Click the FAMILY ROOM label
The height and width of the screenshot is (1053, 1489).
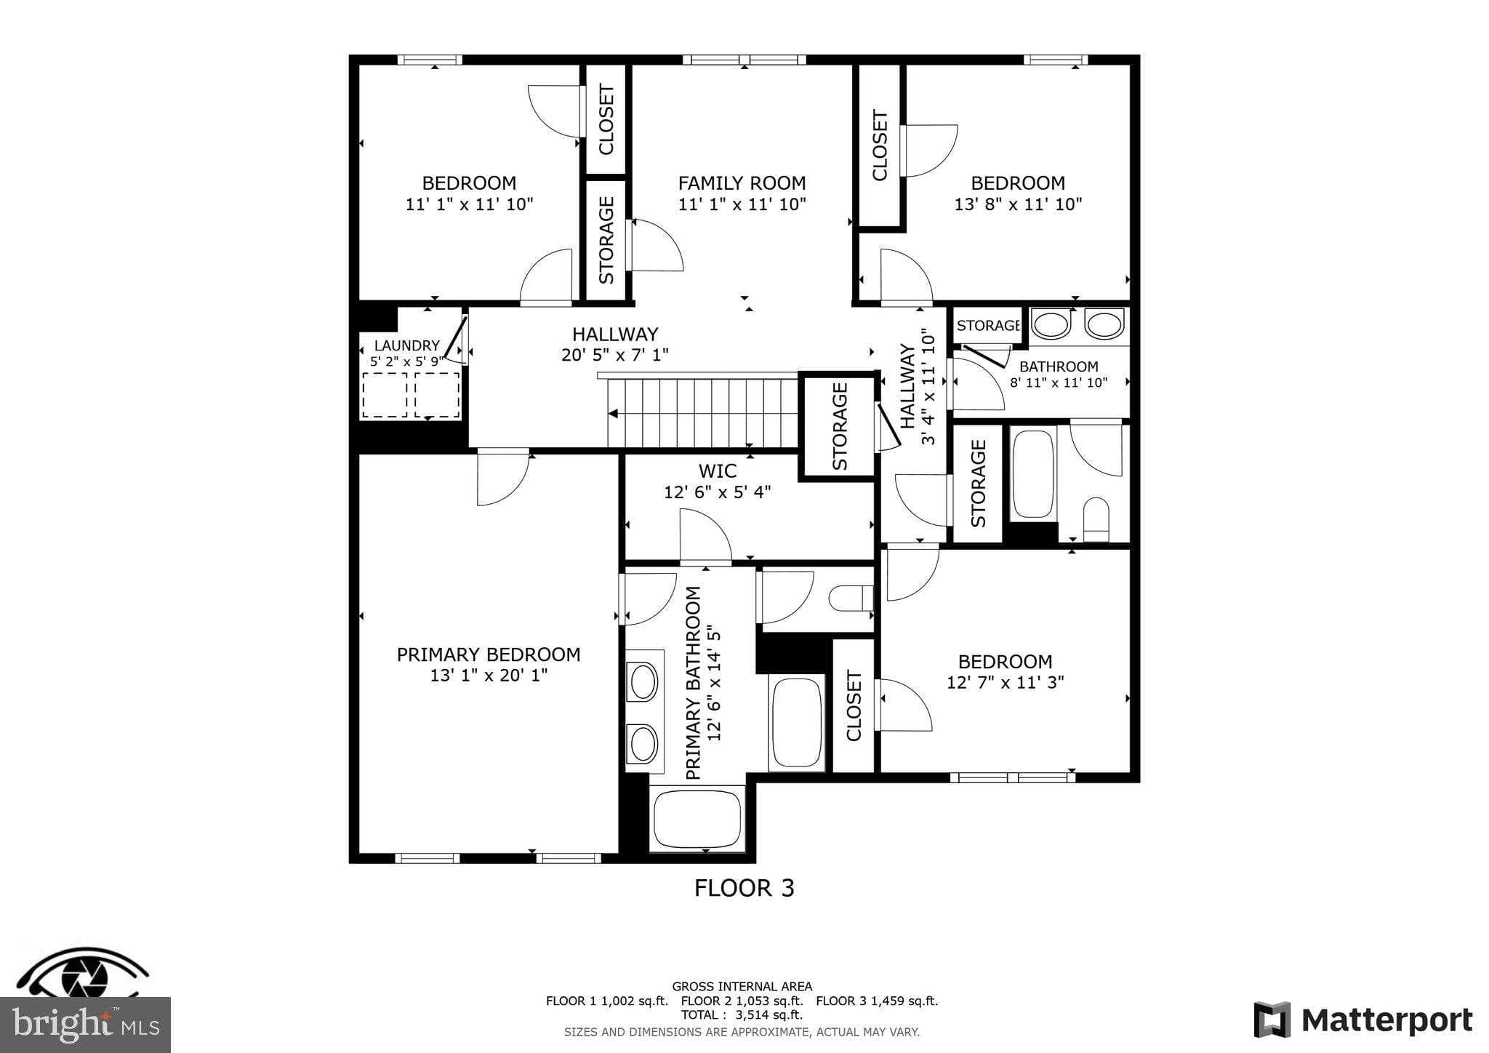click(742, 183)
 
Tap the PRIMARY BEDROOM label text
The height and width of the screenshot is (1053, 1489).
click(488, 654)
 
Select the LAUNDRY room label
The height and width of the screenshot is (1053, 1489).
click(406, 346)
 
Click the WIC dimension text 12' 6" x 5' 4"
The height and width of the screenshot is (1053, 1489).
click(717, 492)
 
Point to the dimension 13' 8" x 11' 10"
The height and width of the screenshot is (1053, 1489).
click(1018, 204)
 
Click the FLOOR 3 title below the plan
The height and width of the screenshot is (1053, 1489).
click(744, 888)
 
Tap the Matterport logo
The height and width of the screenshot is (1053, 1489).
click(1362, 1020)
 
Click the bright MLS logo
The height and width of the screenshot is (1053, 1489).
click(85, 1025)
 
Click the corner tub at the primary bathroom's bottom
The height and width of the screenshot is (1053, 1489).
click(697, 819)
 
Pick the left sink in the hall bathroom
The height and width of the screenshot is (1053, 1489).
click(1051, 324)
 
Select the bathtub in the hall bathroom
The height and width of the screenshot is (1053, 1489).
click(1032, 474)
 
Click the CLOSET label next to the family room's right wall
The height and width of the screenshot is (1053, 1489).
click(880, 145)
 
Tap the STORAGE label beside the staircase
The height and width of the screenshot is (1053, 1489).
click(840, 426)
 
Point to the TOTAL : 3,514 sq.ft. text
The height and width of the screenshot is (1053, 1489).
click(742, 1014)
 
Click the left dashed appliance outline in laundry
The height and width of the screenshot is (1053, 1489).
click(385, 395)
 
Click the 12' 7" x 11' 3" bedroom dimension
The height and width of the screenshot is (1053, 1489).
click(1005, 683)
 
